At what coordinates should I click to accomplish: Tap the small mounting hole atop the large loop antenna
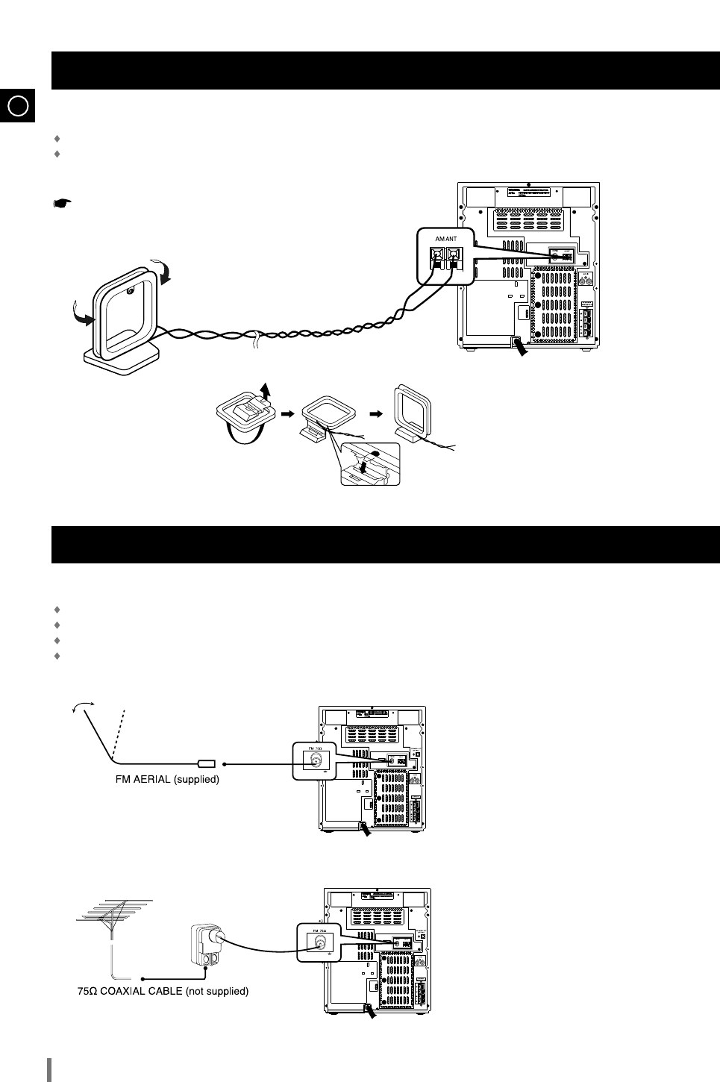(131, 291)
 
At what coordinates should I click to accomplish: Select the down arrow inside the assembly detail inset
(363, 467)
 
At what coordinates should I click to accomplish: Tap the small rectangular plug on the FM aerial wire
(206, 764)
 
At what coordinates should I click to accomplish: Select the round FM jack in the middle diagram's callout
(315, 761)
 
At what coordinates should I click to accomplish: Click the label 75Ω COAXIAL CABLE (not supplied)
(163, 992)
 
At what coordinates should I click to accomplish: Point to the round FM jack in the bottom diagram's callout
(319, 942)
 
